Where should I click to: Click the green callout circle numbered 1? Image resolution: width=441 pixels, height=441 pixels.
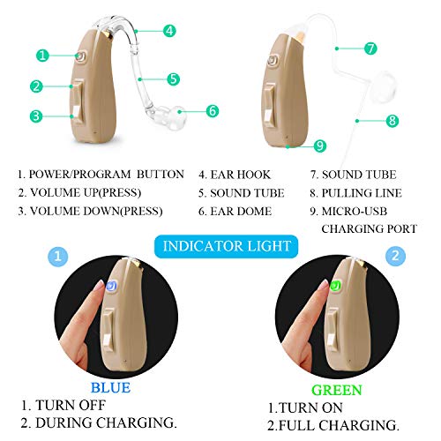[x=43, y=55]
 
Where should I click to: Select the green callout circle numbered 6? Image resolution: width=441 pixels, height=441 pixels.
[x=212, y=111]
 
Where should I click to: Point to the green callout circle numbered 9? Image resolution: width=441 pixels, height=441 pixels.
[x=320, y=145]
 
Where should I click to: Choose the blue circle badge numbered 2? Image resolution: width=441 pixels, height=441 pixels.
[x=394, y=256]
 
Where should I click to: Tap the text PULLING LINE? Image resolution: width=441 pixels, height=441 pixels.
[x=361, y=193]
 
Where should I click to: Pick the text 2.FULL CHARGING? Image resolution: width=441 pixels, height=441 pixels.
[x=327, y=425]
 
